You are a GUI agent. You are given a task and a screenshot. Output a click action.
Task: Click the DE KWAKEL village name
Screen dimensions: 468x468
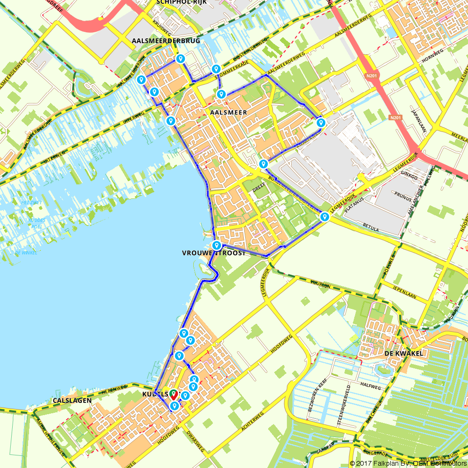(403, 353)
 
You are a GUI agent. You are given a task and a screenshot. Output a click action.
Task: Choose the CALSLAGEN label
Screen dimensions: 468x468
(69, 400)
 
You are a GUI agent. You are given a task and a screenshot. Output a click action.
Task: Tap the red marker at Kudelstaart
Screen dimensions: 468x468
(173, 395)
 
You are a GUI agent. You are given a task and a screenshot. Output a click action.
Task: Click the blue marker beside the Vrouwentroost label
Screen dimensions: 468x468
(217, 246)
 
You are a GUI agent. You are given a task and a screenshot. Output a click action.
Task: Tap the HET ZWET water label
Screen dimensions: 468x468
(31, 203)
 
